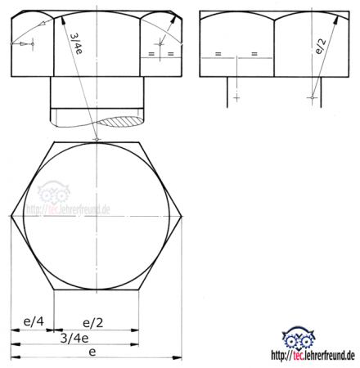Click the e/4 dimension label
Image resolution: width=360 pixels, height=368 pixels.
coord(34,321)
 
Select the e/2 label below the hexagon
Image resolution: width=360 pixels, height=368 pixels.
coord(93,323)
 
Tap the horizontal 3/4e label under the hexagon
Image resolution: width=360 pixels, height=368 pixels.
coord(74,339)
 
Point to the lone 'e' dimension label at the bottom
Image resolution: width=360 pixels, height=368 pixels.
coord(92,352)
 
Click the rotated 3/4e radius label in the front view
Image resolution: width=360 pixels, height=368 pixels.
coord(76,44)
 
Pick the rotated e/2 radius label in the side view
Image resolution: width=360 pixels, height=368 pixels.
coord(321,46)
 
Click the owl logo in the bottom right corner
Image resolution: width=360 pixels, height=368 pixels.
coord(298,339)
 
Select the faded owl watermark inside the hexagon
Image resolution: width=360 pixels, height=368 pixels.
coord(54,192)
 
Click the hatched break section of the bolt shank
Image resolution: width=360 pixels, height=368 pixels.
coord(122,122)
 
